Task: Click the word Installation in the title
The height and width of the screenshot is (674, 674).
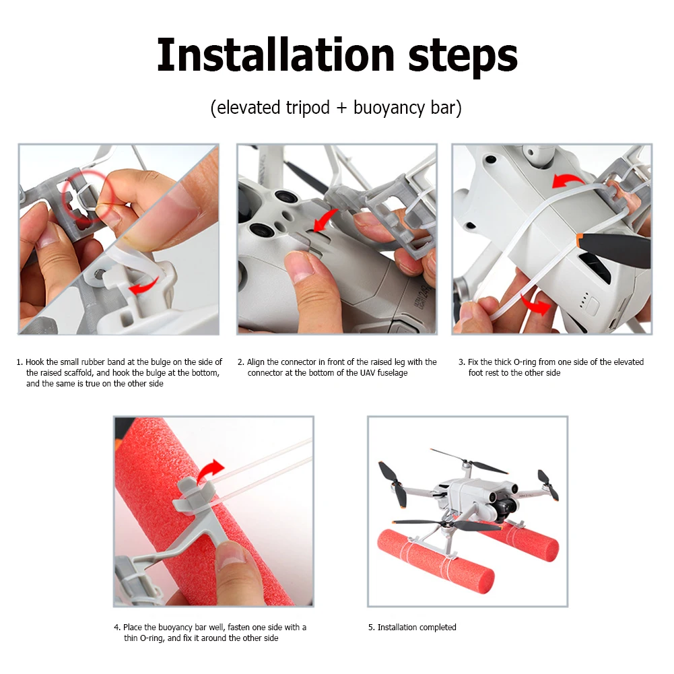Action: tap(275, 55)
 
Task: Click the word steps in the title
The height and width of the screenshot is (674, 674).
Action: tap(463, 58)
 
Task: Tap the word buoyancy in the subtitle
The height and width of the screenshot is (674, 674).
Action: tap(389, 108)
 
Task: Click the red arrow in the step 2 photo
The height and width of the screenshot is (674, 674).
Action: tap(325, 220)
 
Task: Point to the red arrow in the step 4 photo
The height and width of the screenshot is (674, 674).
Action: tap(210, 471)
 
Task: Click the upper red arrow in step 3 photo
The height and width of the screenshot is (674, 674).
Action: tap(568, 180)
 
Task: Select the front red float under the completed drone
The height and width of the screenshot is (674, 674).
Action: tap(435, 562)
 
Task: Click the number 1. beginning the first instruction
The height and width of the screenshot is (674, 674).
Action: tap(20, 362)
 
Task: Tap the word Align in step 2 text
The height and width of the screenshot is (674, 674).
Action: tap(257, 362)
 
